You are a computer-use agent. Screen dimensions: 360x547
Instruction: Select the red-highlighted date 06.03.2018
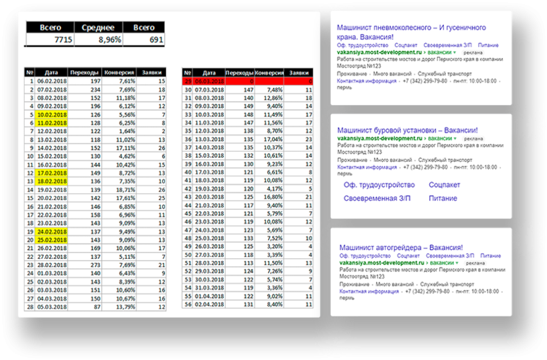208,81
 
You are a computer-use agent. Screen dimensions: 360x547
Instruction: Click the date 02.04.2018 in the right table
208,304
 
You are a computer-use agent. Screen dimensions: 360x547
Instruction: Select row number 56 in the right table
187,304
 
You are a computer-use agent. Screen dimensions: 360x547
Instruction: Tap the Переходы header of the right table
240,72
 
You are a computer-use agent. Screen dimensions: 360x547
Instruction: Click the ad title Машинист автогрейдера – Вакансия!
401,247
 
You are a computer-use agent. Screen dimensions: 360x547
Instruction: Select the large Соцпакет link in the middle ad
444,185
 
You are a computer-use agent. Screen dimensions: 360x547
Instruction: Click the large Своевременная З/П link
378,198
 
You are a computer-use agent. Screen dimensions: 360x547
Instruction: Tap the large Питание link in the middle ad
442,198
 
